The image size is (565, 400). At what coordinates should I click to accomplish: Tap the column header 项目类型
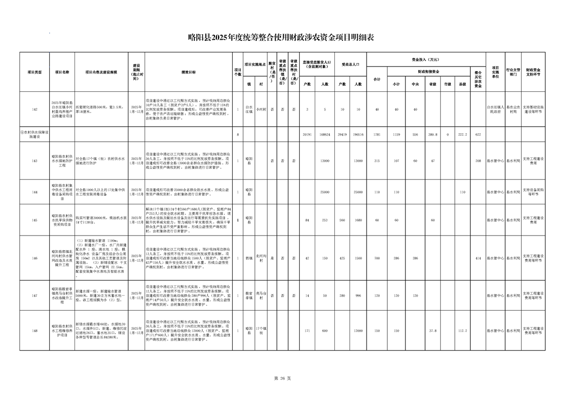pyautogui.click(x=34, y=72)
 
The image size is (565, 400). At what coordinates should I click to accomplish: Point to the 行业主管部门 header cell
pyautogui.click(x=513, y=72)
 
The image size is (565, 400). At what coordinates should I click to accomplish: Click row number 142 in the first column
pyautogui.click(x=34, y=109)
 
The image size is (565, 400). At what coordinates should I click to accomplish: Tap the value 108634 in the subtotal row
pyautogui.click(x=325, y=135)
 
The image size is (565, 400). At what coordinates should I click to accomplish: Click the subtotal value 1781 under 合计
pyautogui.click(x=377, y=135)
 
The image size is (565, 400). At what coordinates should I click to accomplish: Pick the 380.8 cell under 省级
pyautogui.click(x=432, y=135)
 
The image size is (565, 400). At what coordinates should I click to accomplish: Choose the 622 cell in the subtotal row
pyautogui.click(x=478, y=135)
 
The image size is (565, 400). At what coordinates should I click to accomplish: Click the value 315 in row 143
pyautogui.click(x=377, y=160)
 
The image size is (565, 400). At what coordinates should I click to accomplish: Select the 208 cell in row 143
pyautogui.click(x=478, y=160)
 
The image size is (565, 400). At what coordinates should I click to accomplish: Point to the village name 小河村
pyautogui.click(x=261, y=109)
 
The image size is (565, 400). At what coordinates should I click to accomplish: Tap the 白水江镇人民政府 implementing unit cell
pyautogui.click(x=496, y=109)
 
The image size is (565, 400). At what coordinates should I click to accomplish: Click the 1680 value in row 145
pyautogui.click(x=358, y=220)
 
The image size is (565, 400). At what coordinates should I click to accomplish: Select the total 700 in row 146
pyautogui.click(x=377, y=258)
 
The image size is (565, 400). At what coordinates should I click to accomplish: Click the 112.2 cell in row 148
pyautogui.click(x=463, y=331)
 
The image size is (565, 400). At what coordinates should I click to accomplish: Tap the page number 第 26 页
pyautogui.click(x=282, y=378)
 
